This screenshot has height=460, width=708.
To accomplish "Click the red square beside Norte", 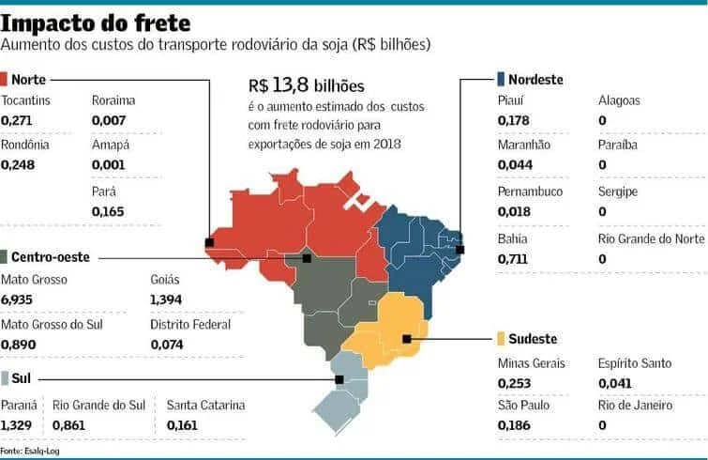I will point(7,79).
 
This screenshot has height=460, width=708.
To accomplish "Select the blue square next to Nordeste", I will point(501,79).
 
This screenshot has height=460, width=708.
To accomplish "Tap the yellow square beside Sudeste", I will point(501,338).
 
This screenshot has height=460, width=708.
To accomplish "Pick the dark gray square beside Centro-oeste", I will point(7,256).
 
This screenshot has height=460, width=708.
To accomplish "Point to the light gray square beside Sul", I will point(7,379).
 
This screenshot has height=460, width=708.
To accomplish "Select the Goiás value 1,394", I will point(166,299).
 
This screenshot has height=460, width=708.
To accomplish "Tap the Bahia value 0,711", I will point(512,258).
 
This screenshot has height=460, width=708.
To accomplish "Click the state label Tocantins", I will point(26,100).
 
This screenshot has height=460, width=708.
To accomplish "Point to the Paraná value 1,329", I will point(17,425).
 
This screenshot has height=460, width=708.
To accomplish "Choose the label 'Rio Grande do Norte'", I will point(651,238).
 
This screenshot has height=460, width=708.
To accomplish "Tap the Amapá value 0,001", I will point(108,165).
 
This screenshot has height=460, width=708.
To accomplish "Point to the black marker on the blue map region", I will point(459,249).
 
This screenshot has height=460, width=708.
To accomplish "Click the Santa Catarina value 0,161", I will point(182,425).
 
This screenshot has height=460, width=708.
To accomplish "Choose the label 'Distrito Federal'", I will point(189,325).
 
